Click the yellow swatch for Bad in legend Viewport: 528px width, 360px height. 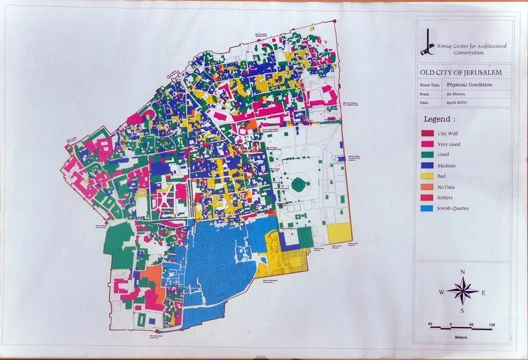[427, 176]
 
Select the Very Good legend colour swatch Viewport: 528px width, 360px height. [427, 143]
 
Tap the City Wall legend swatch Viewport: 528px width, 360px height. [427, 132]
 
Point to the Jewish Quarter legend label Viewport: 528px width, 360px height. [453, 209]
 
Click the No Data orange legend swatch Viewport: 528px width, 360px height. [427, 187]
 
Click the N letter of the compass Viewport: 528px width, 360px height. [462, 272]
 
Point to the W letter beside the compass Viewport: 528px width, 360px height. [441, 292]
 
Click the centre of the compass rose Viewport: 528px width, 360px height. [462, 290]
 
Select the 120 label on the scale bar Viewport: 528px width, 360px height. [491, 323]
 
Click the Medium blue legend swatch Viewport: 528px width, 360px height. [427, 165]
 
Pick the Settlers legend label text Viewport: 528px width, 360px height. [448, 198]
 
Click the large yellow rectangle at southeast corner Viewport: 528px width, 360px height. [339, 232]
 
